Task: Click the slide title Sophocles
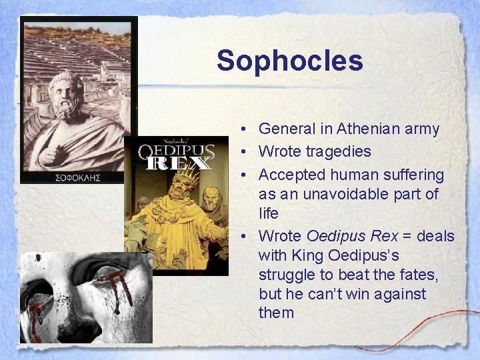289,61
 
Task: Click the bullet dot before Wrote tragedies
246,152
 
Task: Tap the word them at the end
276,313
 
